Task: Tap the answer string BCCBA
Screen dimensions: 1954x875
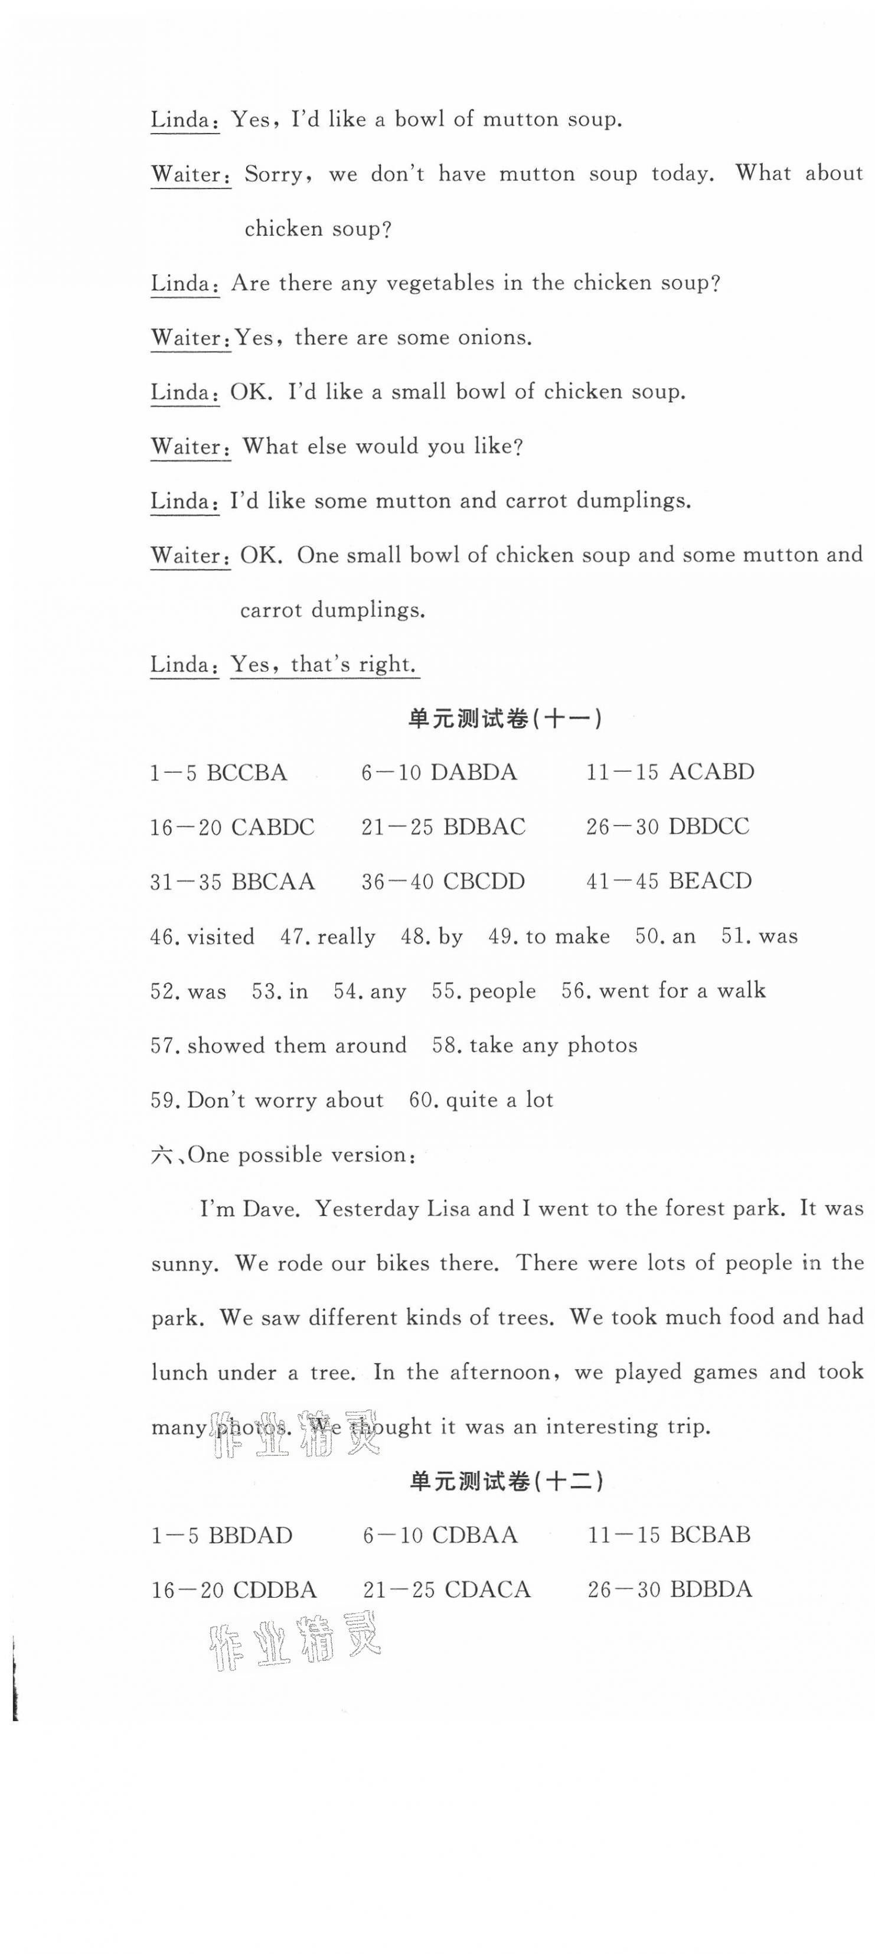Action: click(x=246, y=773)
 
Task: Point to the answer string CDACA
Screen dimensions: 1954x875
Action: click(x=487, y=1589)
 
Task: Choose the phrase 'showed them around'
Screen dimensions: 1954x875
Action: click(x=296, y=1045)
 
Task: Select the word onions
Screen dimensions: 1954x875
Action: click(x=494, y=337)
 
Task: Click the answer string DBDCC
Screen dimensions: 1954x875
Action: click(x=709, y=826)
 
